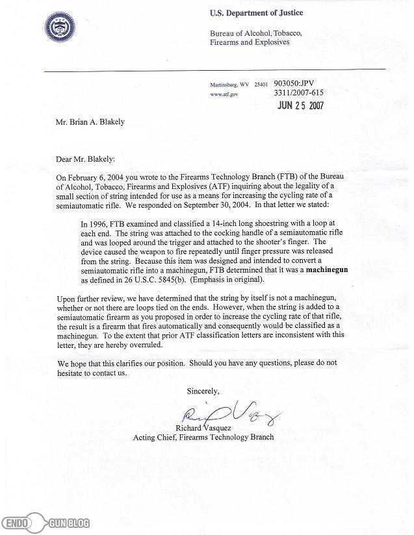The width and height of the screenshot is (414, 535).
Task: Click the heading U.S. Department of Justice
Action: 256,13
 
